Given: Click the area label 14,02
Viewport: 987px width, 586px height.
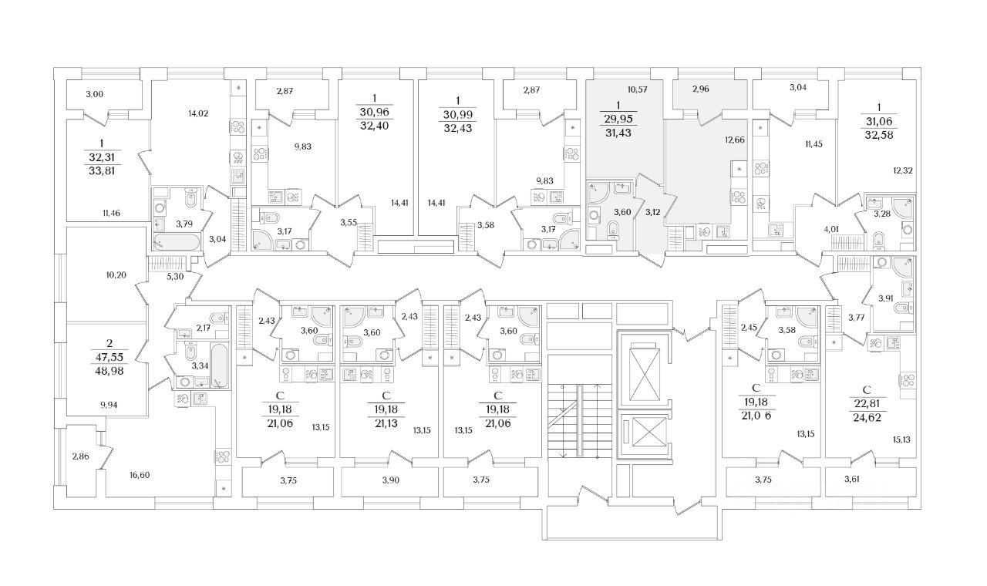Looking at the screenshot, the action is click(198, 113).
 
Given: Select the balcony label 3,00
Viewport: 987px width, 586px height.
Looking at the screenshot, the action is click(94, 94).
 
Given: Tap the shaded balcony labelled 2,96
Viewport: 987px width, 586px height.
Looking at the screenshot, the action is click(700, 89).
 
